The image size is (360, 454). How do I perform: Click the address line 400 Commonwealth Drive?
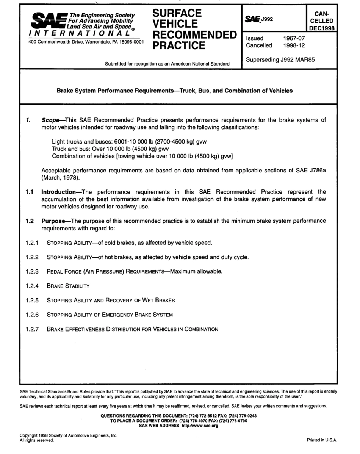pyautogui.click(x=86, y=42)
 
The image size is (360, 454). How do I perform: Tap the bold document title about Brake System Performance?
pyautogui.click(x=175, y=91)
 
